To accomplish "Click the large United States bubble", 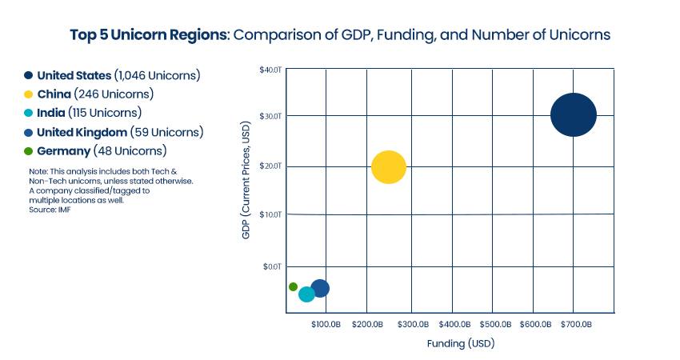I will click(574, 115).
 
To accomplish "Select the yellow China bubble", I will click(389, 167).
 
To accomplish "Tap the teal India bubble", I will click(306, 294).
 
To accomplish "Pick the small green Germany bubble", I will click(293, 286).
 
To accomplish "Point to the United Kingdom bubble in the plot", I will click(321, 288).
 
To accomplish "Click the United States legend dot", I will click(28, 75).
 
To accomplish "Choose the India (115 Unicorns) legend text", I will click(89, 113).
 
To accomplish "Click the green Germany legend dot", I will click(28, 150).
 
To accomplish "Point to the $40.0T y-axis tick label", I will click(270, 70).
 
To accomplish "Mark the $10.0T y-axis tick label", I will click(270, 214).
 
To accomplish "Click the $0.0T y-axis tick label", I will click(273, 266).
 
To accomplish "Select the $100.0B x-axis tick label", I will click(326, 325).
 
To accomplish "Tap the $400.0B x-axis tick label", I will click(454, 325).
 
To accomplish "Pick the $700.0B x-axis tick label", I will click(575, 325).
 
